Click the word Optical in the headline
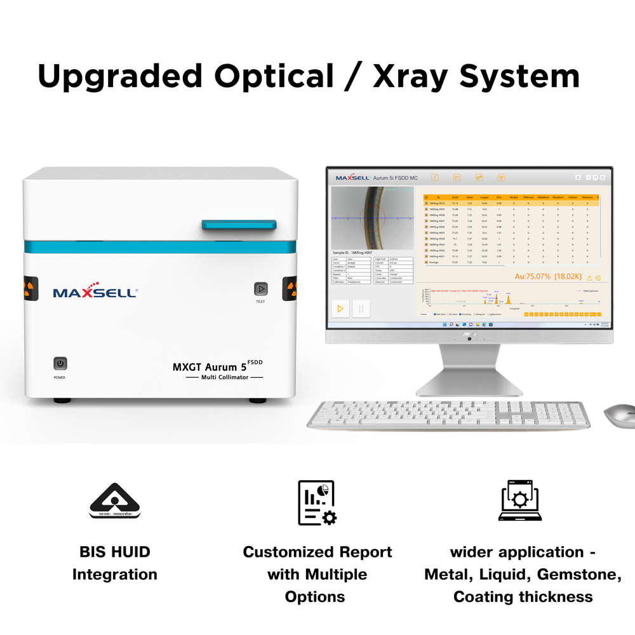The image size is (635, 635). click(x=274, y=76)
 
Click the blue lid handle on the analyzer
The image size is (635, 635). click(x=239, y=225)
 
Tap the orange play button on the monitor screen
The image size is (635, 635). click(x=340, y=309)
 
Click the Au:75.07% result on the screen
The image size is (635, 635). click(x=533, y=276)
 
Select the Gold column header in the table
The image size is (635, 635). click(x=455, y=197)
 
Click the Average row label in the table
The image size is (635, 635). click(x=434, y=262)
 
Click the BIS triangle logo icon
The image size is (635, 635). click(x=114, y=501)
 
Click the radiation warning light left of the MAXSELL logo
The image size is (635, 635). click(x=30, y=288)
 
